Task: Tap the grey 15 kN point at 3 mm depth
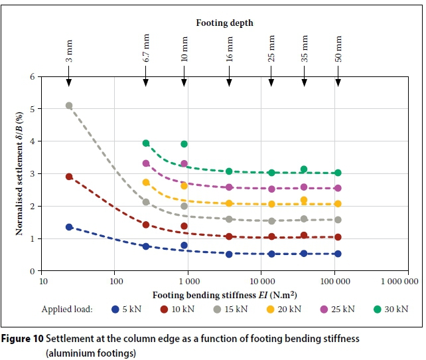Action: pyautogui.click(x=69, y=106)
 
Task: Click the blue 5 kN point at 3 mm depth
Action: pyautogui.click(x=69, y=227)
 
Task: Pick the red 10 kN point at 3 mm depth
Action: pyautogui.click(x=69, y=177)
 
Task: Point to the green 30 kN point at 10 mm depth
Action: pyautogui.click(x=184, y=143)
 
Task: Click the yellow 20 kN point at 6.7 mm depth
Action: pyautogui.click(x=146, y=182)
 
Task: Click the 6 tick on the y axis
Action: pyautogui.click(x=31, y=77)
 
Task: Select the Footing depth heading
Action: pyautogui.click(x=224, y=23)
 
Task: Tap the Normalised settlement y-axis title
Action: pyautogui.click(x=20, y=173)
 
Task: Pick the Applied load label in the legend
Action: pyautogui.click(x=67, y=309)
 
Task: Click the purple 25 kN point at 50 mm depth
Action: pyautogui.click(x=338, y=188)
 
